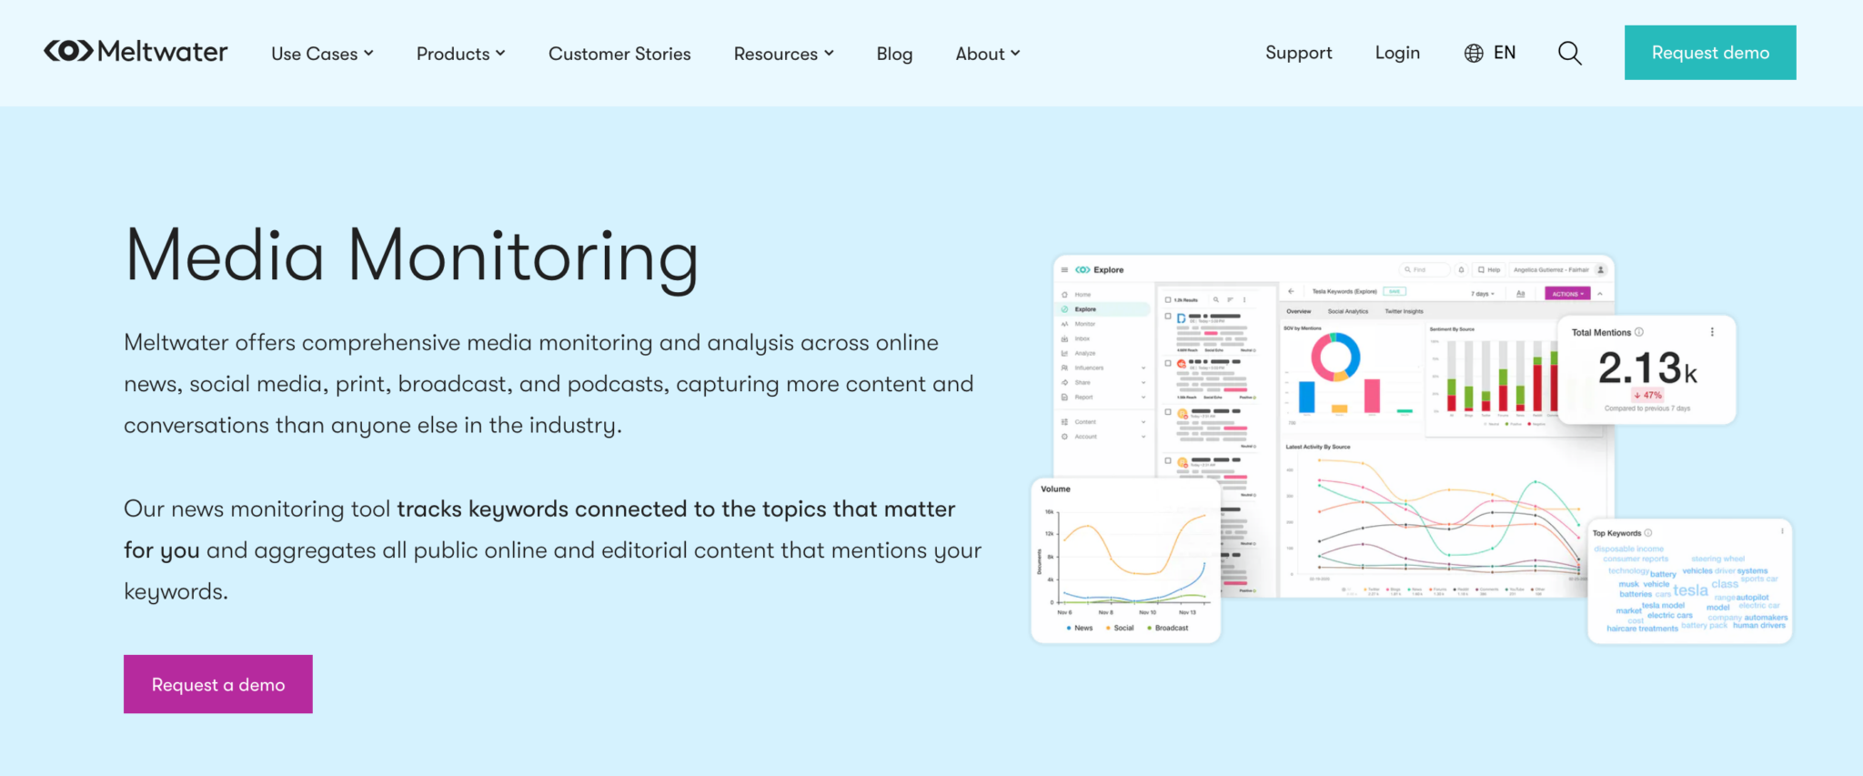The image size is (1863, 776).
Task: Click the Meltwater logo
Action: point(136,52)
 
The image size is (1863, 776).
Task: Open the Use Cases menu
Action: point(322,54)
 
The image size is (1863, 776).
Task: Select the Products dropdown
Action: point(460,54)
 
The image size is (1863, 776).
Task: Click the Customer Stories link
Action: point(619,54)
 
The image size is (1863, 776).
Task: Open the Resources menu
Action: point(783,54)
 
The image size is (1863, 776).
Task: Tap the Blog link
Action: point(894,54)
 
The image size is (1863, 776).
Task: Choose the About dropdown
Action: point(987,54)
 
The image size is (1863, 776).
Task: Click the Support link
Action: point(1298,53)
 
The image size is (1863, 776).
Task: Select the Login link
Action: point(1397,53)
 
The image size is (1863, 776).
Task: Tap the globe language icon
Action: point(1474,53)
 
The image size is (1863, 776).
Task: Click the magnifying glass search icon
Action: point(1569,53)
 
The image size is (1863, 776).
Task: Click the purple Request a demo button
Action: point(218,684)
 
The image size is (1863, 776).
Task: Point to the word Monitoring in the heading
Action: point(523,257)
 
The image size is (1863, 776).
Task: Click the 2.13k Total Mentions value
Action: point(1646,368)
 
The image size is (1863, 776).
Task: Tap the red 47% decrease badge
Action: point(1647,395)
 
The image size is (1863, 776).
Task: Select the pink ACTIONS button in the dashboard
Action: point(1567,294)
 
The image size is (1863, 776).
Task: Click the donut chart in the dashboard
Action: point(1335,356)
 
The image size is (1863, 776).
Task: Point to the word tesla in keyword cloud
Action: point(1690,590)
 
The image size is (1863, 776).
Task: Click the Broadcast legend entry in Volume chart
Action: point(1171,628)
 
